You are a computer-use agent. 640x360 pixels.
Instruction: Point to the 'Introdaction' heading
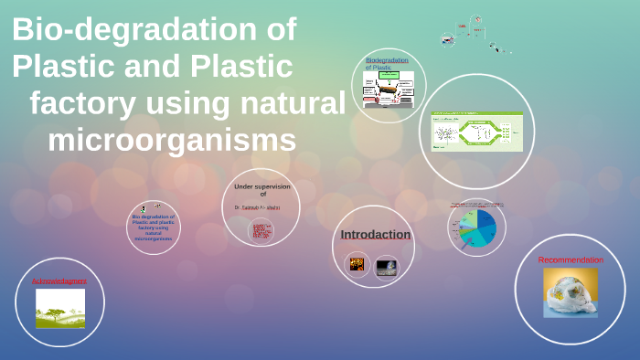click(376, 235)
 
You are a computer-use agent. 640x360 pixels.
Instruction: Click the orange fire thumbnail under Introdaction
click(357, 266)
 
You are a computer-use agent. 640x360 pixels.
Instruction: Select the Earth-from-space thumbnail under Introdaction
click(387, 267)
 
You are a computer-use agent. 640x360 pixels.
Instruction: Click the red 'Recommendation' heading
click(571, 260)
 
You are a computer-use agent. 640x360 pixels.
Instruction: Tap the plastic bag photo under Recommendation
click(571, 292)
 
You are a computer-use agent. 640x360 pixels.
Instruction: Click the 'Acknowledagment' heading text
click(59, 281)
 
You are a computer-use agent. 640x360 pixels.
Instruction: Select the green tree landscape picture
click(60, 309)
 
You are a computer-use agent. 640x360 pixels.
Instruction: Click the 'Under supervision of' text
click(261, 189)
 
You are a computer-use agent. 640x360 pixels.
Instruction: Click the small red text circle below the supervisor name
click(261, 231)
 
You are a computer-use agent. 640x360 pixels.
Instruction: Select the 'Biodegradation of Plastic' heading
click(387, 64)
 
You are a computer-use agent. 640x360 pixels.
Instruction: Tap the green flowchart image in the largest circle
click(476, 132)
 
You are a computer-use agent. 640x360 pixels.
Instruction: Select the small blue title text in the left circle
click(154, 228)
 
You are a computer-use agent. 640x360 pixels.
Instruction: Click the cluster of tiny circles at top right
click(471, 33)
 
